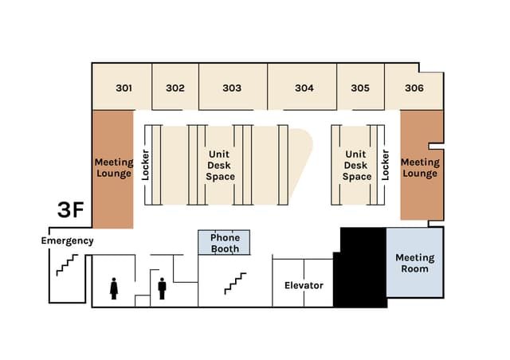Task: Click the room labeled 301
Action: pyautogui.click(x=123, y=88)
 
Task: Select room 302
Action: pyautogui.click(x=175, y=88)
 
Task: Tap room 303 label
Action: pyautogui.click(x=232, y=88)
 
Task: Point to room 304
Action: pyautogui.click(x=304, y=88)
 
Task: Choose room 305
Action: pyautogui.click(x=360, y=88)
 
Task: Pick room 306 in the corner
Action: pyautogui.click(x=414, y=88)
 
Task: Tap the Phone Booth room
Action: pyautogui.click(x=225, y=243)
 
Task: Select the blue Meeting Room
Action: pyautogui.click(x=414, y=263)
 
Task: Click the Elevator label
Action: pyautogui.click(x=304, y=284)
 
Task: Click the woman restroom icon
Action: pyautogui.click(x=114, y=288)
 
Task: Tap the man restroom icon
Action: pyautogui.click(x=162, y=288)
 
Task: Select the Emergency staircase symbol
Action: pyautogui.click(x=66, y=265)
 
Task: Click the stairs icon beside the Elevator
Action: pyautogui.click(x=235, y=284)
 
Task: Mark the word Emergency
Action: pyautogui.click(x=67, y=241)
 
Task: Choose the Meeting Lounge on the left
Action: pyautogui.click(x=113, y=167)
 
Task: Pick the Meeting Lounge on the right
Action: pyautogui.click(x=420, y=167)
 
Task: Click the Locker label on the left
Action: pyautogui.click(x=146, y=165)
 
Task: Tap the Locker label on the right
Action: pyautogui.click(x=385, y=165)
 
